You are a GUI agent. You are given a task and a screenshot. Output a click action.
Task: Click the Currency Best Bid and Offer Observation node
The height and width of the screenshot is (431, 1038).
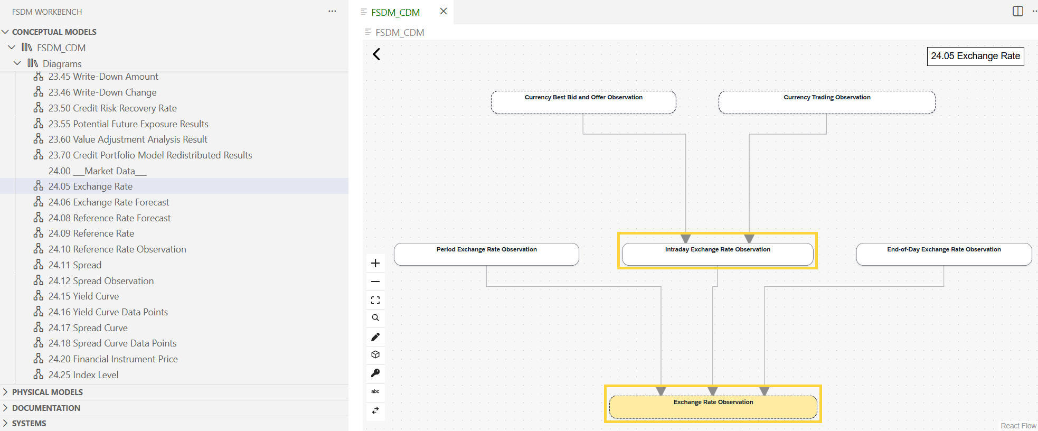tap(583, 102)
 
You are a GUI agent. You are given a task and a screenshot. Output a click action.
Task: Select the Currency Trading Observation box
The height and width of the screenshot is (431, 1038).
tap(827, 102)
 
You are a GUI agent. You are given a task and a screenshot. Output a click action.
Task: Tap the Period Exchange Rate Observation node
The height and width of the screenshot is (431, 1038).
tap(486, 254)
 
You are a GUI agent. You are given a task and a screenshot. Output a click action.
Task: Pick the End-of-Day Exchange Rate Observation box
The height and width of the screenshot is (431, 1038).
tap(943, 254)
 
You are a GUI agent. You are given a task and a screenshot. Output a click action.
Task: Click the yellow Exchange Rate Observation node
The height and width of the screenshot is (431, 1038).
tap(713, 407)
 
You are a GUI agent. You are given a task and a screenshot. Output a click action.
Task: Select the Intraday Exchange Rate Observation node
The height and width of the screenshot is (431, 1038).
tap(718, 254)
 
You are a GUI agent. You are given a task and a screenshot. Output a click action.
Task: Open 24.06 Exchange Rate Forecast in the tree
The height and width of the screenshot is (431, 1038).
tap(109, 202)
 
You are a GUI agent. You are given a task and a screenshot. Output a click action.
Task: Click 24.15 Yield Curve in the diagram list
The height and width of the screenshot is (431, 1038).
tap(83, 296)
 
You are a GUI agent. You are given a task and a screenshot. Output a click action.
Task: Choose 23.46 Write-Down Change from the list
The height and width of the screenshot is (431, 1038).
tap(102, 92)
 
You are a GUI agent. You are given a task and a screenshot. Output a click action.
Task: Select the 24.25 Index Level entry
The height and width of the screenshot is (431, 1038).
tap(83, 375)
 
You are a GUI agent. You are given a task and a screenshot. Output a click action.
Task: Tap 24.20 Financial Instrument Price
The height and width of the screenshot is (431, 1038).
tap(113, 359)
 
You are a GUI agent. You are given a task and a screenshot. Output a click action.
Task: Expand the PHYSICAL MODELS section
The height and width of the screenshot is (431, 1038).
tap(47, 392)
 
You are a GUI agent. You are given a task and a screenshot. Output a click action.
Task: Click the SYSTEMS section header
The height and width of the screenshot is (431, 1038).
tap(29, 424)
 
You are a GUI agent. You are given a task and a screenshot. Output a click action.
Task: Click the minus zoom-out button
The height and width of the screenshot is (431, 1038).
tap(375, 282)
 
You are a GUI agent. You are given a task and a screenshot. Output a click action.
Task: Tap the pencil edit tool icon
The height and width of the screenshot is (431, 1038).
tap(375, 337)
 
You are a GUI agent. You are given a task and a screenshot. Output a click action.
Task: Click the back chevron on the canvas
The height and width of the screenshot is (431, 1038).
tap(376, 54)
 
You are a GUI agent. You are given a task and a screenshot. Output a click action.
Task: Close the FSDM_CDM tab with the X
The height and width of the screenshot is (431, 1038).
tap(443, 11)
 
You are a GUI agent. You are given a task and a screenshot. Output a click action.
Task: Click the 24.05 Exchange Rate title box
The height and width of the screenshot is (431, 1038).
tap(975, 56)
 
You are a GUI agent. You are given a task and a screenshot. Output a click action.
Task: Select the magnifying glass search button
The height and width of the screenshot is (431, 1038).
tap(375, 318)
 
